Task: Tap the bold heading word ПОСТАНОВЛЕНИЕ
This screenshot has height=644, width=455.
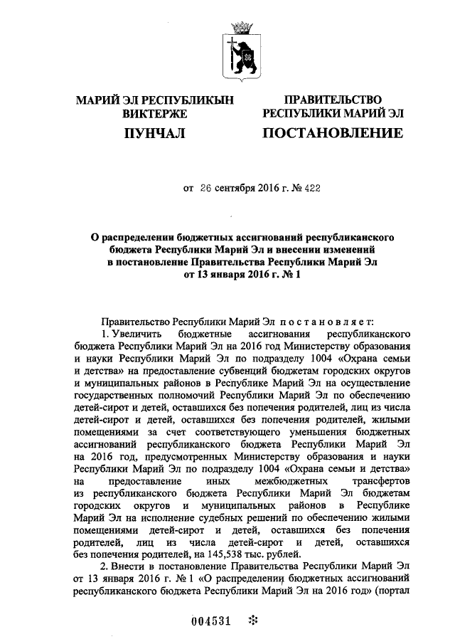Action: [x=333, y=133]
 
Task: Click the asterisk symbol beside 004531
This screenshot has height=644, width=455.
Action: [x=251, y=620]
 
